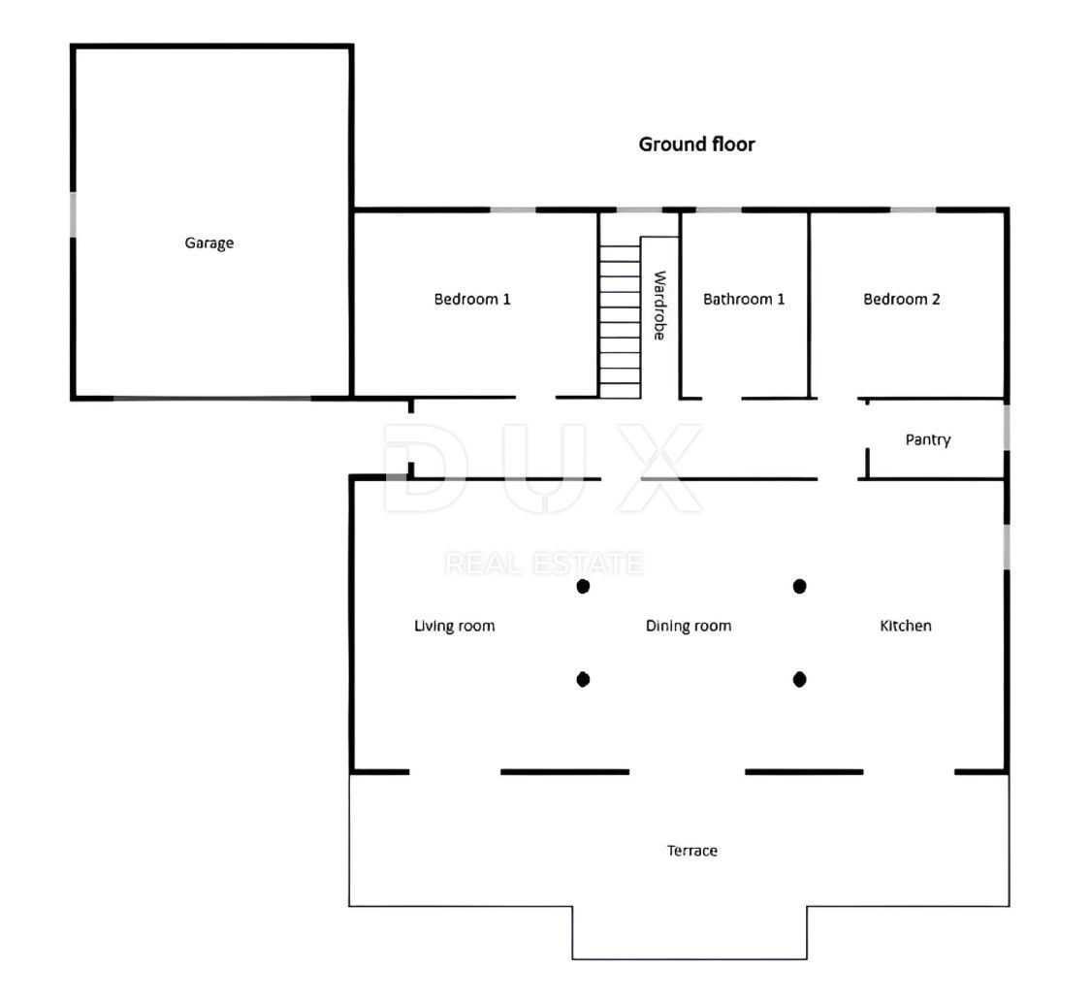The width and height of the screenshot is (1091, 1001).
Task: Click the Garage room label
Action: coord(209,242)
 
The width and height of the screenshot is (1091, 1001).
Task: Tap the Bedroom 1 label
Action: coord(471,300)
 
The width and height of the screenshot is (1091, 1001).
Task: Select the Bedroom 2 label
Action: coord(901,300)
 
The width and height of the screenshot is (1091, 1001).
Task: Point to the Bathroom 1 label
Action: coord(743,300)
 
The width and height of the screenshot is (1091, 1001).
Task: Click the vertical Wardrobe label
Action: coord(659,306)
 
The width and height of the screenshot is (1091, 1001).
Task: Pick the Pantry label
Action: coord(927,440)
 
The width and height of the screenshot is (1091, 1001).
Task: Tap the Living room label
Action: coord(455,626)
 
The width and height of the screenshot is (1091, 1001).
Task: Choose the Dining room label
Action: coord(689,626)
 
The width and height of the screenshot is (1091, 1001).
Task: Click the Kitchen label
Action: coord(905,626)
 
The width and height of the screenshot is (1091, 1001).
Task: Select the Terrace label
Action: coord(691,851)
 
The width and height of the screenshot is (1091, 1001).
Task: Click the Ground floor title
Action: coord(696,145)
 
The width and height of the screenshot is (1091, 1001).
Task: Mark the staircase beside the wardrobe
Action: coord(620,321)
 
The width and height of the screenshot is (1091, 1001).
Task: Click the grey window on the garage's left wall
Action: coord(73,214)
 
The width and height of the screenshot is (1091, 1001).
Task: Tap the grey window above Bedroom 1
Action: coord(513,210)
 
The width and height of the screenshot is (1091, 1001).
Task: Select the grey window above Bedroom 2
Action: coord(913,210)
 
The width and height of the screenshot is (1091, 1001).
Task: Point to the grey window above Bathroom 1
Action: coord(719,210)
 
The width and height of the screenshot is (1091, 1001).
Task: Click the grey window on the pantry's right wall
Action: coord(1006,428)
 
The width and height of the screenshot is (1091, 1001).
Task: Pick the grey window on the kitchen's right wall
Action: coord(1006,546)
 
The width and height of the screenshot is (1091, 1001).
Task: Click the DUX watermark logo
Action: coord(543,468)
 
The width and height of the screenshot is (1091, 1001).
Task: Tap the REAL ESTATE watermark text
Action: coord(543,564)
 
